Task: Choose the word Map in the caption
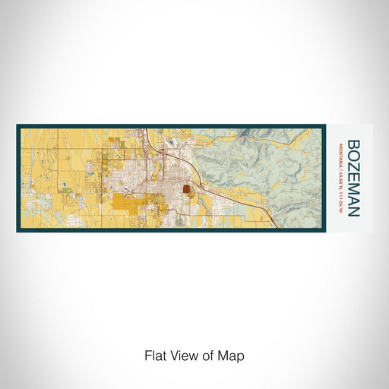[x=232, y=355]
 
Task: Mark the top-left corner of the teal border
[x=17, y=124]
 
